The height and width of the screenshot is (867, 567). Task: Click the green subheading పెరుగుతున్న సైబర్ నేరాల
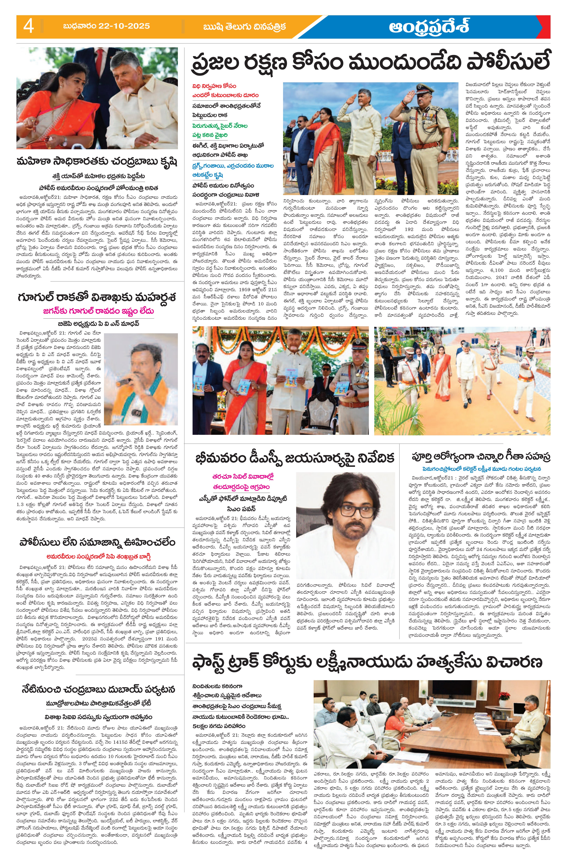click(x=220, y=126)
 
